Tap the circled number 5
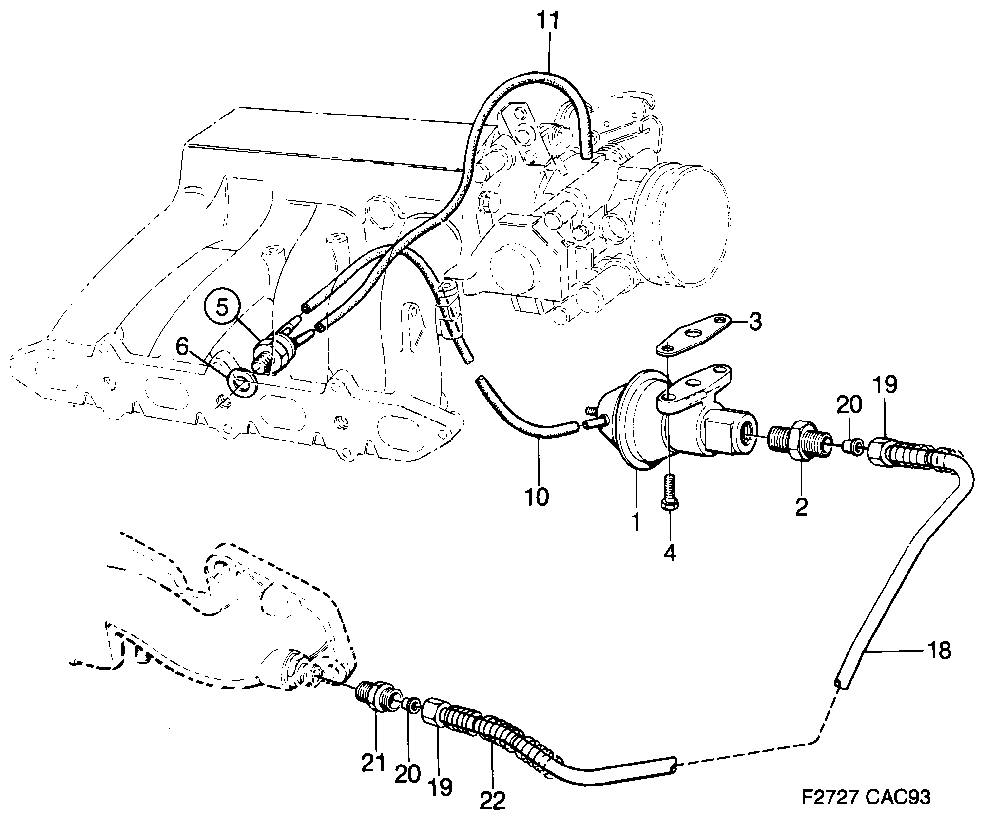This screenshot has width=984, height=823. (222, 307)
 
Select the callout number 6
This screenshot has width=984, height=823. (182, 348)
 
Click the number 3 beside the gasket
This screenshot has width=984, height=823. (754, 323)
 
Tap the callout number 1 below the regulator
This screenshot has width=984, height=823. (635, 522)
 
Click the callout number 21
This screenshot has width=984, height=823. (373, 764)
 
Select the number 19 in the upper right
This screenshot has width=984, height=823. (885, 385)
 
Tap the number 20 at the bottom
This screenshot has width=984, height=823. (407, 774)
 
